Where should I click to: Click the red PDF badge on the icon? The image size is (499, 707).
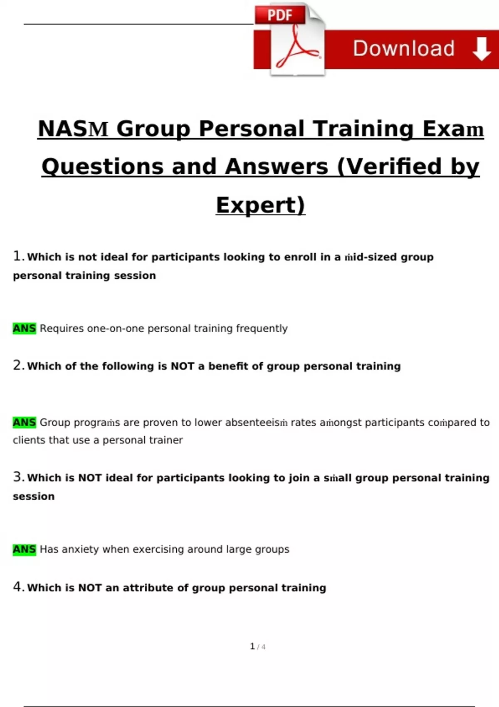(280, 15)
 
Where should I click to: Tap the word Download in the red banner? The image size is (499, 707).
(404, 49)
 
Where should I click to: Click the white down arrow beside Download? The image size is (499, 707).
(482, 49)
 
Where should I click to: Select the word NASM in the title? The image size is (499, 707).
(73, 129)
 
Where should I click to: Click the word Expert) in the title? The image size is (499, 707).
(260, 205)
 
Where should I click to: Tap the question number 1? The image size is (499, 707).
(18, 256)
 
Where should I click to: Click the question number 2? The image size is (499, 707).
(18, 365)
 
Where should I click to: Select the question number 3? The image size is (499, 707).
(18, 477)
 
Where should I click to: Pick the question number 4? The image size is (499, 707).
(18, 587)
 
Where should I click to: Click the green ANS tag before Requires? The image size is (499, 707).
(24, 328)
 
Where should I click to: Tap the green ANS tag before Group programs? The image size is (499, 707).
(24, 422)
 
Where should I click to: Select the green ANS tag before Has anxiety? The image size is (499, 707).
(24, 549)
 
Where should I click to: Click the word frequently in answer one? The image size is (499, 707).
(262, 329)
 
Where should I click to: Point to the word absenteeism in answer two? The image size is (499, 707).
(256, 422)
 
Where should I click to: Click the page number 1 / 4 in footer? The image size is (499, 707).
(257, 646)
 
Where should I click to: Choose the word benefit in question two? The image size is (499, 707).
(228, 366)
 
